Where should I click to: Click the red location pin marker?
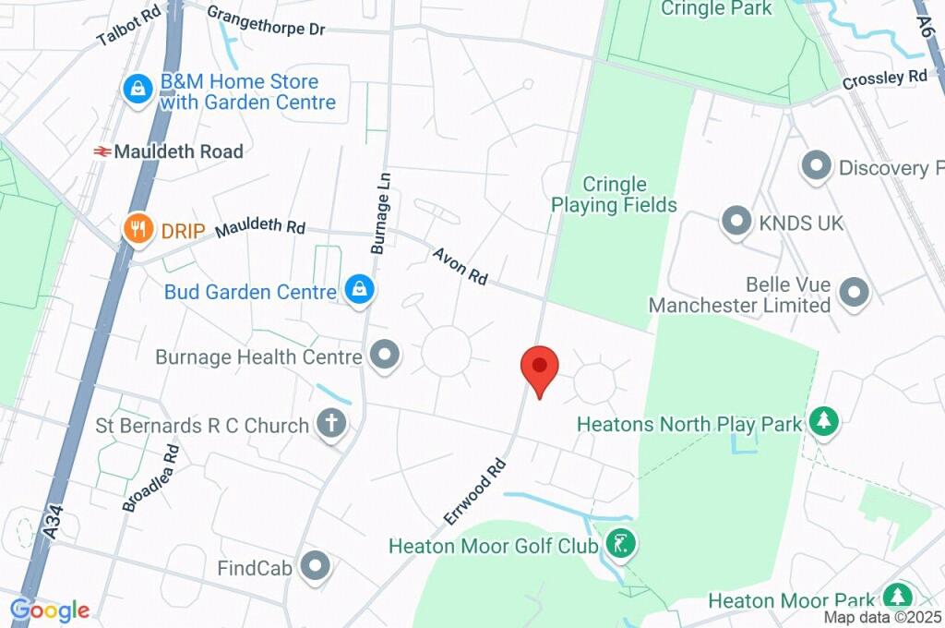[540, 369]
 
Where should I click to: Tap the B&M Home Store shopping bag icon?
[138, 90]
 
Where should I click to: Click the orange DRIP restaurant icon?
[138, 229]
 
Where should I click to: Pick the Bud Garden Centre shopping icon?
[358, 290]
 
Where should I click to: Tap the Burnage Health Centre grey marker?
[383, 355]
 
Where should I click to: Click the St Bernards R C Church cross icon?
[331, 424]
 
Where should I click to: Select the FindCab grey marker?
[317, 566]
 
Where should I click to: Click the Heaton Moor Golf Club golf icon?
[622, 545]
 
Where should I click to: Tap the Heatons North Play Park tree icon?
[822, 422]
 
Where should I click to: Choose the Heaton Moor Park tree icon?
[895, 597]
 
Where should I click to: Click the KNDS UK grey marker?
[736, 222]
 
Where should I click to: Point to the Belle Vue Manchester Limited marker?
[855, 293]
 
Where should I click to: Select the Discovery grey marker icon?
[815, 166]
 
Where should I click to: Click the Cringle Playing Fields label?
[615, 194]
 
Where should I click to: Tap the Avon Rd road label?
[460, 264]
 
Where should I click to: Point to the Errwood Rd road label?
[475, 491]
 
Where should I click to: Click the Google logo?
[50, 610]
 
